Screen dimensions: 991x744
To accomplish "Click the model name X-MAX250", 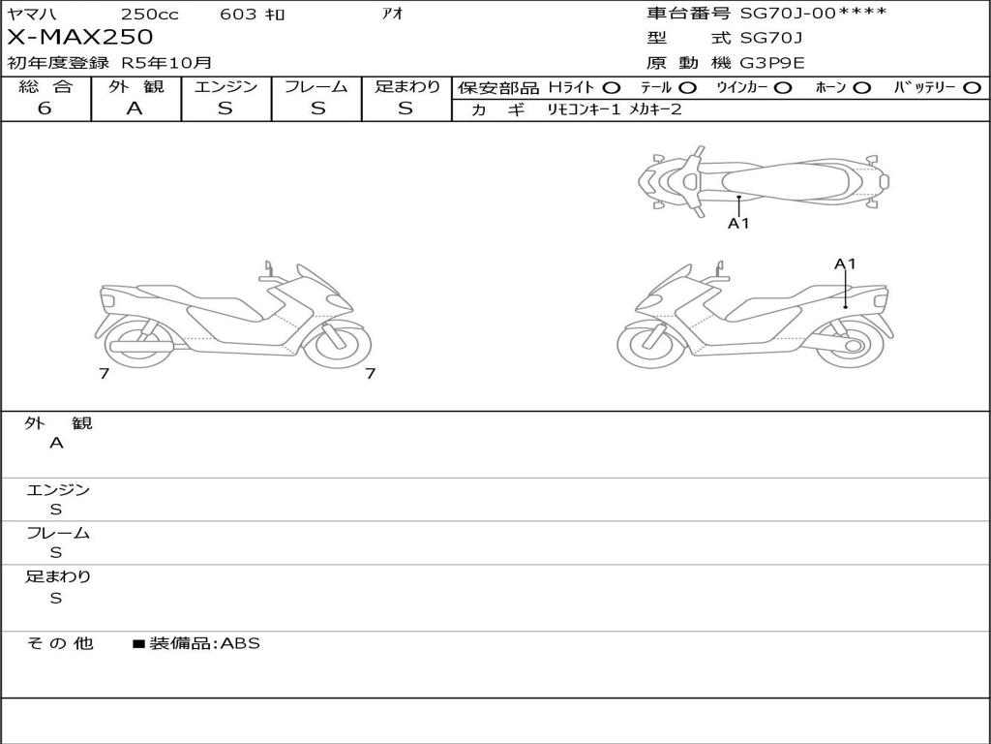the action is [80, 37].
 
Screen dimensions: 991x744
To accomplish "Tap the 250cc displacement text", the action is [149, 14].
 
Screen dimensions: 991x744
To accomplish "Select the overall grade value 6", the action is [45, 108].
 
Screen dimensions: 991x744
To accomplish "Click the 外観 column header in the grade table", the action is [135, 86].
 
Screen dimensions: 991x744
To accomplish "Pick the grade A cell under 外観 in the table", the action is [135, 108].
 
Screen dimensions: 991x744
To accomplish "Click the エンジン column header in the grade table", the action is [225, 86].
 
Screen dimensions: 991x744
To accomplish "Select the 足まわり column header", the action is [406, 86].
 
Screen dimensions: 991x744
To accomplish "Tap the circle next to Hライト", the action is [612, 87].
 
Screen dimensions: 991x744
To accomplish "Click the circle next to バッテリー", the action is [973, 87].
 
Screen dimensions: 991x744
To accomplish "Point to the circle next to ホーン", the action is [862, 87].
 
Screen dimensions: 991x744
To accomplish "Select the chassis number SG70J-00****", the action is [813, 13].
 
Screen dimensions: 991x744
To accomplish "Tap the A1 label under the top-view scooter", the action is [738, 224].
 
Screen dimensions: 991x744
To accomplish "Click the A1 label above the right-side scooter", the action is [845, 263].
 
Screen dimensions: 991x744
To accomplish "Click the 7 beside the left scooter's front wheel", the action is [370, 373].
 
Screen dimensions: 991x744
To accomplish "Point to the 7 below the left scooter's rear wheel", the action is [104, 373].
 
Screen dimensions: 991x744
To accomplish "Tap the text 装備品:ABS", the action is [204, 643].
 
